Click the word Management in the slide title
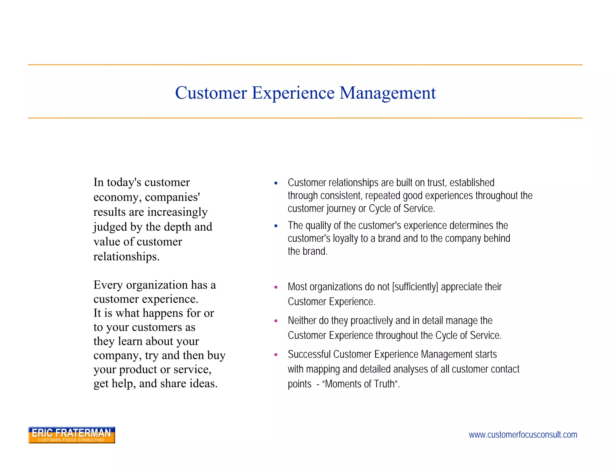pos(388,93)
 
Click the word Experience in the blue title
pos(293,93)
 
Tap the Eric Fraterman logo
pos(72,435)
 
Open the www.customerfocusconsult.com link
pos(523,435)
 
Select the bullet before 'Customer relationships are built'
pos(276,183)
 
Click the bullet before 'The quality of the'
pos(276,226)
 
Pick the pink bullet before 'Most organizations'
pos(276,287)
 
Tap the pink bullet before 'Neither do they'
pos(276,321)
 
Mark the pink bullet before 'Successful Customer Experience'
pos(276,355)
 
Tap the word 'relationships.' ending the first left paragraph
pos(126,257)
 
